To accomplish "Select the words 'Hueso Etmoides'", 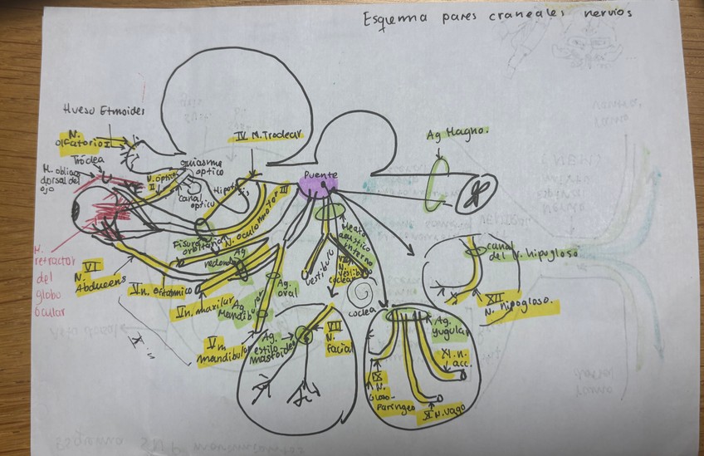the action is click(x=103, y=109).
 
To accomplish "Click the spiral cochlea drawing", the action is click(x=362, y=292).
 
